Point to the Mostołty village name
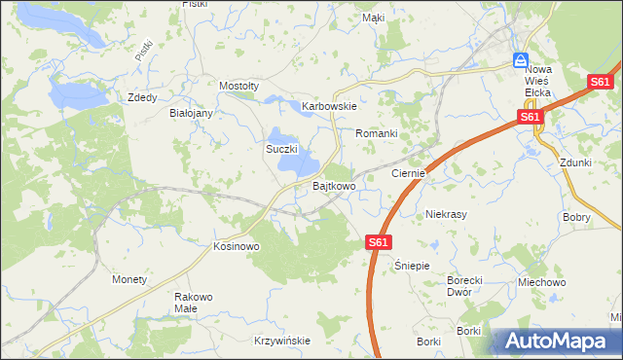(x=238, y=86)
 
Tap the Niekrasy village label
(x=448, y=214)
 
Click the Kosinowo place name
(x=237, y=247)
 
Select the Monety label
(x=129, y=279)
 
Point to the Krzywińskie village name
(x=281, y=341)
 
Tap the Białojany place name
(x=191, y=113)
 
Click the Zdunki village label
(x=576, y=163)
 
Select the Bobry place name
(x=576, y=218)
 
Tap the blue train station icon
(x=521, y=59)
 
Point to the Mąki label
(x=373, y=18)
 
